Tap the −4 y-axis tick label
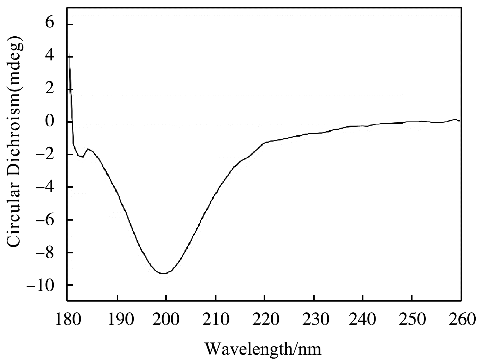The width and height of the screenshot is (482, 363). (x=46, y=187)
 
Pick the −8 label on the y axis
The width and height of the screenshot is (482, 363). (x=46, y=252)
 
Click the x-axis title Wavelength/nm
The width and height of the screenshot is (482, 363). (x=263, y=349)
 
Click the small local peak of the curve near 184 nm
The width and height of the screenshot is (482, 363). (x=88, y=149)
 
